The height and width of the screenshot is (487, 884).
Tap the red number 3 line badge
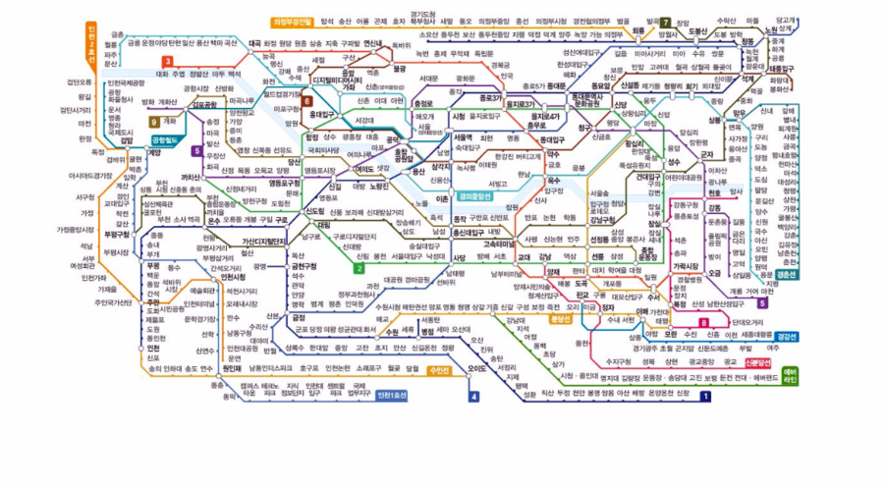point(169,62)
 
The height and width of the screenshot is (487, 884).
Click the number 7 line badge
point(665,22)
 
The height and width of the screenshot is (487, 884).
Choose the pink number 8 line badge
point(704,322)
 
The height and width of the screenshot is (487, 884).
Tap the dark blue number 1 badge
point(704,397)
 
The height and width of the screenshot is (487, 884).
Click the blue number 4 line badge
point(473,397)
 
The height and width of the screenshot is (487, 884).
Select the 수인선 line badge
point(439,370)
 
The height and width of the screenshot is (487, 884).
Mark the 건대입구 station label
point(648,178)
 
